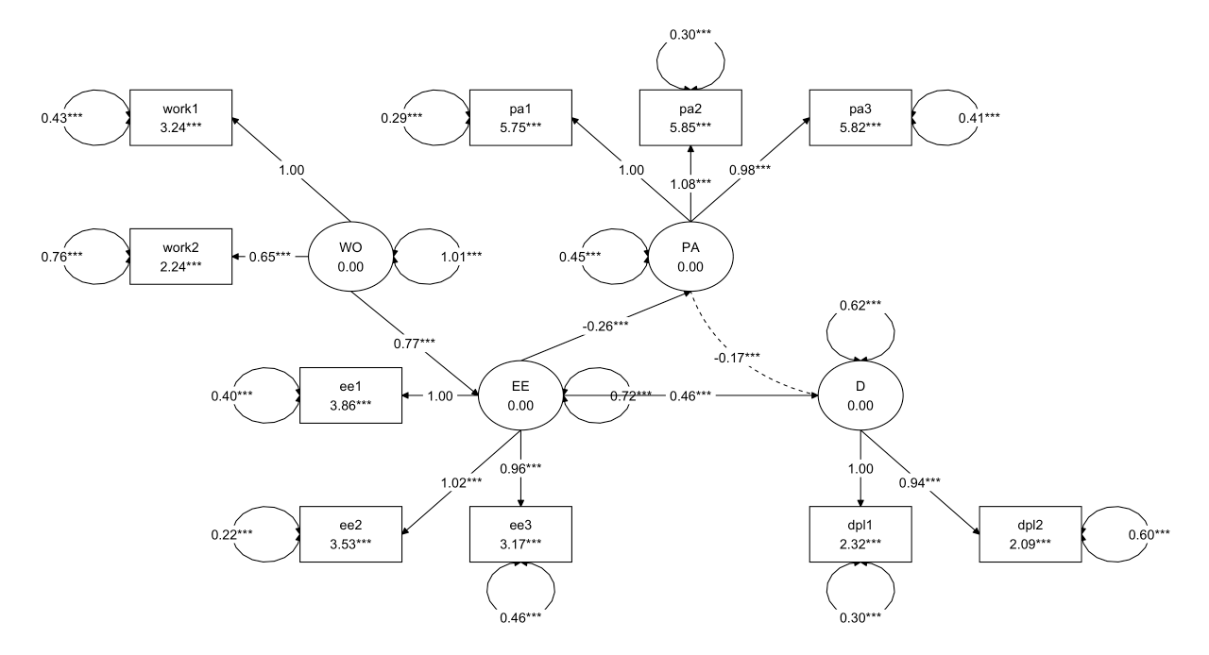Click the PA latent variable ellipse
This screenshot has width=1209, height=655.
coord(690,257)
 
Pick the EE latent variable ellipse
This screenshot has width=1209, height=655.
coord(520,394)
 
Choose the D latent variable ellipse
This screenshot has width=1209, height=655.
coord(860,394)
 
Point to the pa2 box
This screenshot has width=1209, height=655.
coord(690,118)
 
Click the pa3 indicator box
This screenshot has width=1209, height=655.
coord(860,118)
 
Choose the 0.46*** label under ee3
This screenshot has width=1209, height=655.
coord(520,620)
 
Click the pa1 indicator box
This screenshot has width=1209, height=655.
coord(520,118)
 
